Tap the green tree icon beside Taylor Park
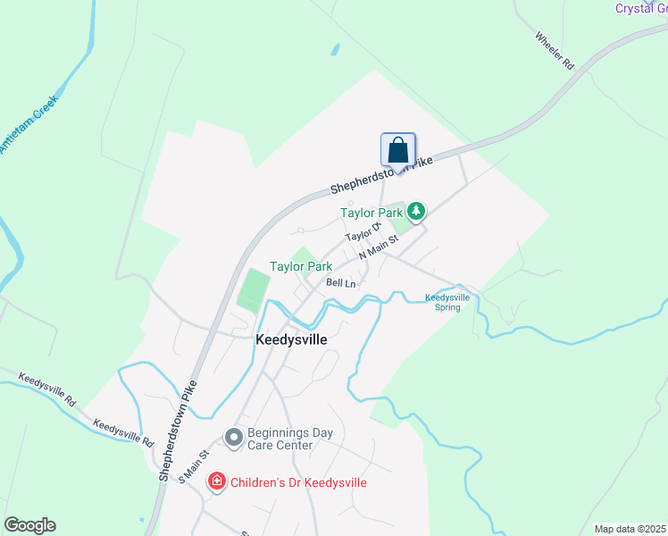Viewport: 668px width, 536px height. [415, 212]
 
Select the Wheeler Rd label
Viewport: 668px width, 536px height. [554, 51]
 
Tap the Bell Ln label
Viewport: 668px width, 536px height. [341, 283]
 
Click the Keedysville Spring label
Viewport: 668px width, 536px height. [447, 302]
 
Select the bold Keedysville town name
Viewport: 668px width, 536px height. [291, 340]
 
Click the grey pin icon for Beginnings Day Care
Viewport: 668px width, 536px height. [234, 438]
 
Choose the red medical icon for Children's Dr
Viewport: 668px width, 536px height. [216, 482]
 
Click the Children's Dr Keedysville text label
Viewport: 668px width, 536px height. [298, 482]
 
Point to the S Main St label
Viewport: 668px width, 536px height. [194, 466]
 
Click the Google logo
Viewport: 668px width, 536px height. [29, 524]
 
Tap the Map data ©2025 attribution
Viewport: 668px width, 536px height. [630, 529]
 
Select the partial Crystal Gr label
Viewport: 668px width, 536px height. [640, 8]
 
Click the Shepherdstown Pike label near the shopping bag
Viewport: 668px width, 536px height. [382, 174]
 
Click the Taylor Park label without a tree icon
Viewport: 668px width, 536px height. [301, 266]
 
